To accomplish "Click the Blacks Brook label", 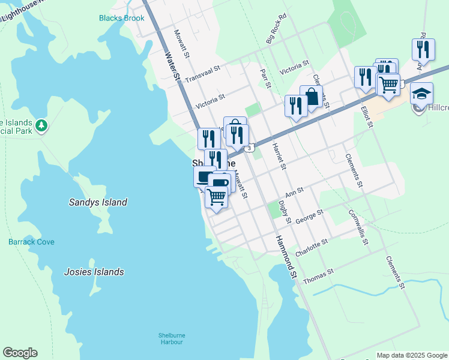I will [122, 18].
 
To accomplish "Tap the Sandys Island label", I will [97, 202].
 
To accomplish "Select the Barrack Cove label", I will [31, 242].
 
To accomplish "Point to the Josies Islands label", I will [94, 272].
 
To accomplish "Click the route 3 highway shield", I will [249, 148].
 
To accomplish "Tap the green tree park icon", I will [41, 125].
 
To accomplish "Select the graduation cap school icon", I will [421, 94].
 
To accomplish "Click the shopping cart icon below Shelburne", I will [216, 196].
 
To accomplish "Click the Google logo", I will [20, 353].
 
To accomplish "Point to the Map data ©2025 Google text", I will [411, 355].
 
